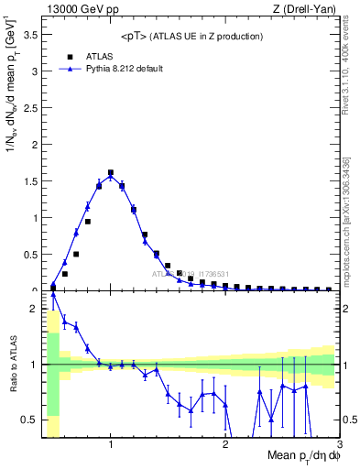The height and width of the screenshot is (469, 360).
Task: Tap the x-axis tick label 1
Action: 111,445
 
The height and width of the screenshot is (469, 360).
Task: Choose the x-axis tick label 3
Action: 338,445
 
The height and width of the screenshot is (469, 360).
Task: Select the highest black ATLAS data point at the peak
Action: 111,172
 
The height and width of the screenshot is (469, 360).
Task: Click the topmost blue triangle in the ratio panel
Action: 53,295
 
